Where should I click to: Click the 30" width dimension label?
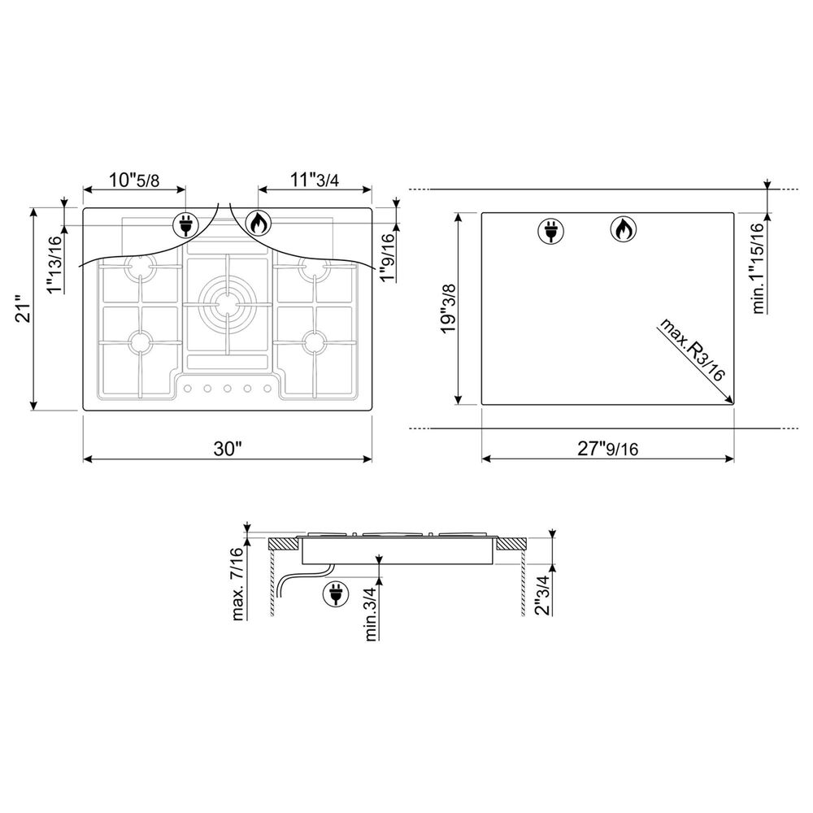228,449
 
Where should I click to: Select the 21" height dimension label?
24,310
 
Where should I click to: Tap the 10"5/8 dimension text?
134,180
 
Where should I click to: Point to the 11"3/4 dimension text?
315,180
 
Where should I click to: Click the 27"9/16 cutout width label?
607,449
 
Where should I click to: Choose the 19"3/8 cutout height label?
449,308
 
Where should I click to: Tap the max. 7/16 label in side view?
237,584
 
